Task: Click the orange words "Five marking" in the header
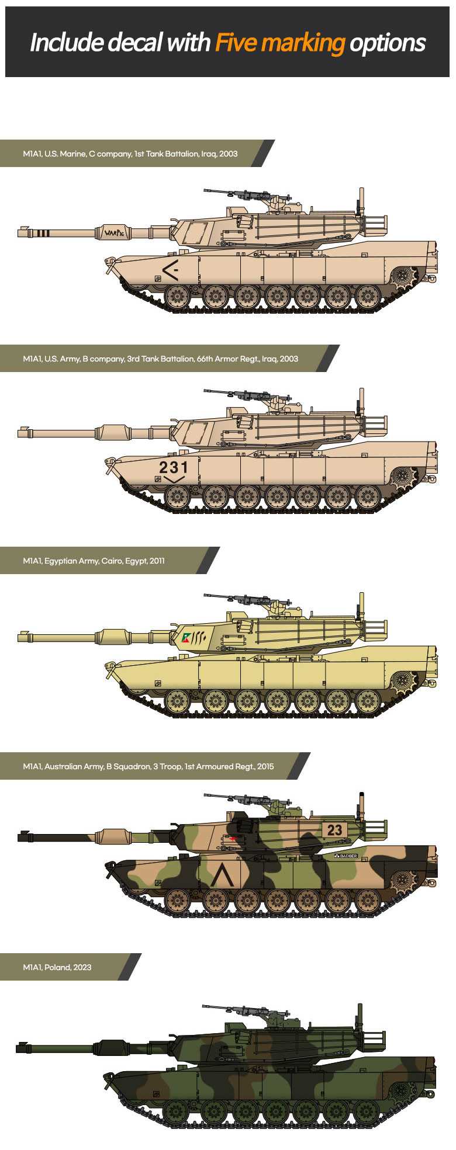pos(280,43)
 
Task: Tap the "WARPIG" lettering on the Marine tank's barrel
pos(114,232)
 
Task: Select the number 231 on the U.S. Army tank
pos(174,467)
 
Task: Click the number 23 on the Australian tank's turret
pos(334,830)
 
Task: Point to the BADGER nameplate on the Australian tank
pos(346,856)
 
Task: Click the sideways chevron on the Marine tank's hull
pos(170,270)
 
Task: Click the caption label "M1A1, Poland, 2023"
pos(57,967)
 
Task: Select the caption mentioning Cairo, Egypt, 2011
pos(94,561)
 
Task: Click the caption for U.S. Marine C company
pos(130,154)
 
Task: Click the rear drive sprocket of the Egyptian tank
pos(403,680)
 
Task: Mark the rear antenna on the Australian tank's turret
pos(361,806)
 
